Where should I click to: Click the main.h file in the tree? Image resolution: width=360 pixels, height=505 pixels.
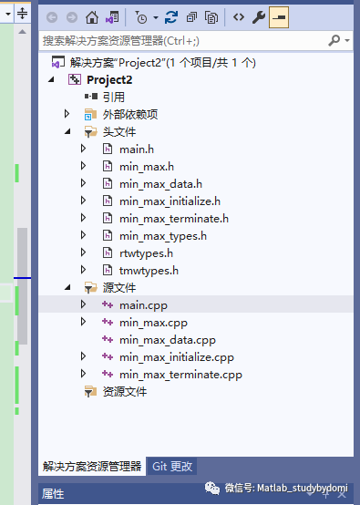(136, 149)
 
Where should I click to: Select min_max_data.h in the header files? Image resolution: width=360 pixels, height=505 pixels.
(160, 183)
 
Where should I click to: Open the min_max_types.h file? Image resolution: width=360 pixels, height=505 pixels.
(162, 235)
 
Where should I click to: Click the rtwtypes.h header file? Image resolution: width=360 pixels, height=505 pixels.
(146, 252)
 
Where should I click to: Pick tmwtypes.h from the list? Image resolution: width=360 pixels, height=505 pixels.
(148, 270)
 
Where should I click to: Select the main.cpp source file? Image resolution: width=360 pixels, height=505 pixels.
(143, 304)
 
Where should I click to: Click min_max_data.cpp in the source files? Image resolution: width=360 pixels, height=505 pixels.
(167, 339)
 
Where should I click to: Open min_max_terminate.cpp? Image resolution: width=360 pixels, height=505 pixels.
(180, 374)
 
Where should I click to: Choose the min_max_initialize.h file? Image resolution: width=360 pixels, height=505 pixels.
(170, 201)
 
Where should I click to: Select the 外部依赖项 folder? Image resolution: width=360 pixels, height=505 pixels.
(130, 114)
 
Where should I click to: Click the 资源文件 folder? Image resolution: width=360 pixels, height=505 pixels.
(125, 391)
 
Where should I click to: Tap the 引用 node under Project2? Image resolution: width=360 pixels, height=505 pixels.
(113, 97)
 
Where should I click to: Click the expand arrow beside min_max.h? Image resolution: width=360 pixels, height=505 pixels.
(83, 166)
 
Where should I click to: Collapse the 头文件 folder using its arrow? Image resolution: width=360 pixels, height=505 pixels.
(67, 131)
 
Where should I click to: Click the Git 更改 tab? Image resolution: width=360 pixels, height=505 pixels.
(172, 466)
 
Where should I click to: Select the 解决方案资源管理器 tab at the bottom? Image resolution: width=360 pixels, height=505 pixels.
(92, 466)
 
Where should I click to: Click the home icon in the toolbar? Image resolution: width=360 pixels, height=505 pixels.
(91, 17)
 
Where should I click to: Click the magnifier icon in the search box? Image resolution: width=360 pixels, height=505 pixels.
(334, 40)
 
